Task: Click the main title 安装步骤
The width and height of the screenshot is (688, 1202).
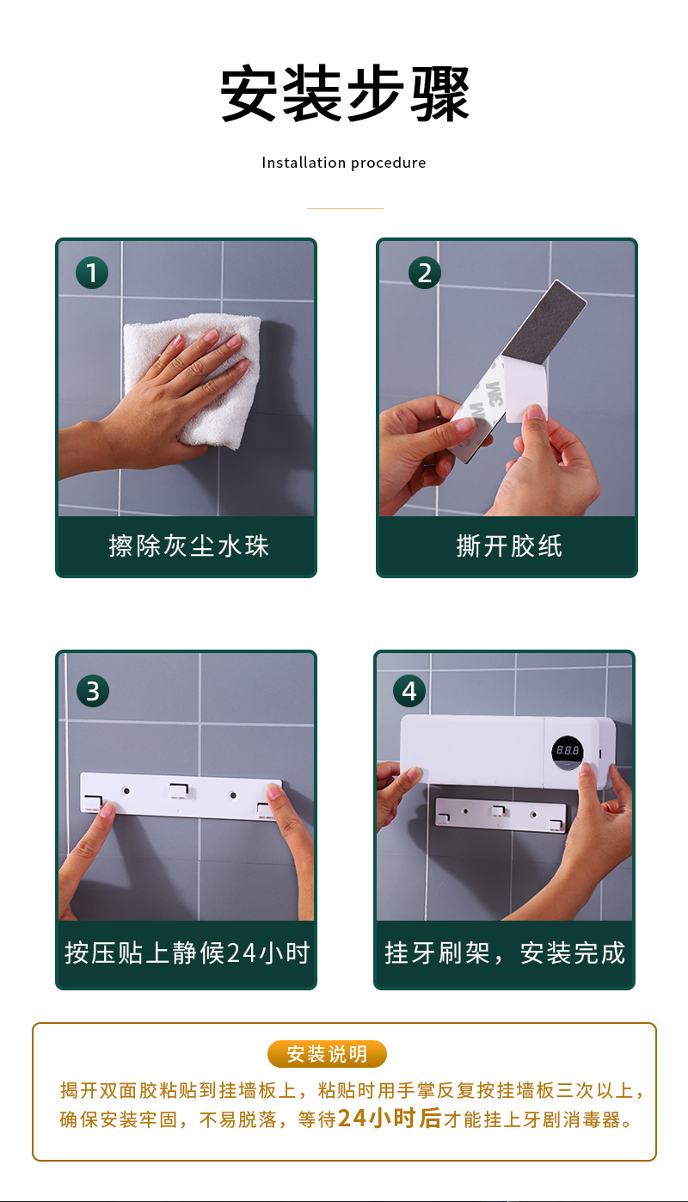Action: [x=344, y=95]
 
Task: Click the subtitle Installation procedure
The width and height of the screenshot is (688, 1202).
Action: [x=344, y=163]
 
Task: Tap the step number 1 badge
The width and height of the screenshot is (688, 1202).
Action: [x=92, y=273]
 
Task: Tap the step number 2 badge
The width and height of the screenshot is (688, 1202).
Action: [x=424, y=273]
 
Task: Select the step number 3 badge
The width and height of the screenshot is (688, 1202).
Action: [x=93, y=691]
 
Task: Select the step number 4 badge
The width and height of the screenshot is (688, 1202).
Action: [x=408, y=691]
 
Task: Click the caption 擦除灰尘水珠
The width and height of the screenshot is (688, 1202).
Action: [x=188, y=546]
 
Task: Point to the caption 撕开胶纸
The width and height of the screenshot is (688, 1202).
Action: [x=508, y=546]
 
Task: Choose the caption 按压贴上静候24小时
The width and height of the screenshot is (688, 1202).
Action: [x=187, y=953]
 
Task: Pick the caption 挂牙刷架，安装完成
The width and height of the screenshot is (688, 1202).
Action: [x=505, y=953]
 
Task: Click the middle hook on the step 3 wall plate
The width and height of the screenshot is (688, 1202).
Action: [x=180, y=789]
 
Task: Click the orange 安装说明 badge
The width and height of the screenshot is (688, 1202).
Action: [x=327, y=1054]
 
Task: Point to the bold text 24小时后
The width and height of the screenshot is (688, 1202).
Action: [x=389, y=1119]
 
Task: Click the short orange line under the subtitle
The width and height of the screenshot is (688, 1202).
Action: [x=345, y=208]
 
